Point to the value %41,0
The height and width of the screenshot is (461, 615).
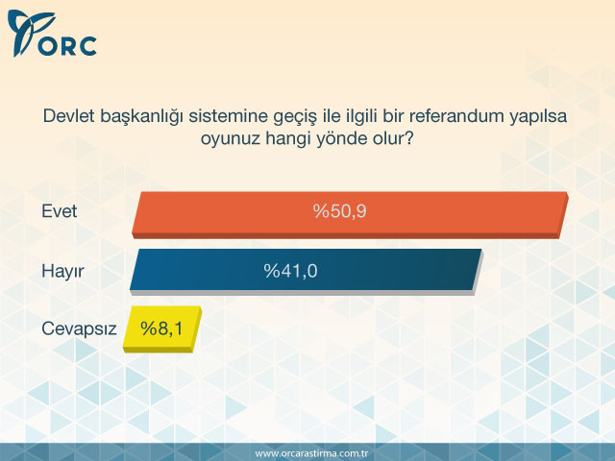click(290, 271)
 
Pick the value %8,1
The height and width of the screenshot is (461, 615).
click(161, 328)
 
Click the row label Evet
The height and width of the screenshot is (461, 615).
click(60, 212)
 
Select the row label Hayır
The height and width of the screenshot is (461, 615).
click(62, 272)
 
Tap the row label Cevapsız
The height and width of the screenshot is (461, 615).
click(79, 328)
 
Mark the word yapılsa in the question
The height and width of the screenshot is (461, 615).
click(539, 117)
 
